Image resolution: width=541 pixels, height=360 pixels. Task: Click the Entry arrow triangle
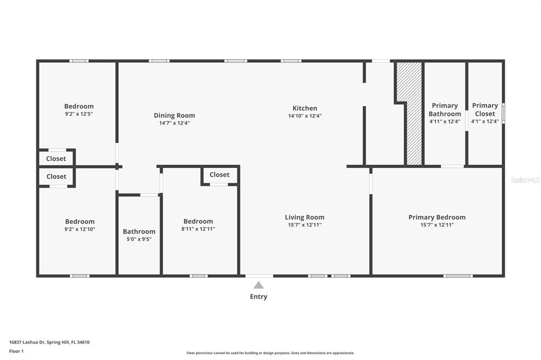(x=258, y=285)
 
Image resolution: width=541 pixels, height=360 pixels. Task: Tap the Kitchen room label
(x=305, y=108)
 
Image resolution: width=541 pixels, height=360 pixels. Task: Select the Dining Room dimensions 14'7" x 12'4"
(x=174, y=123)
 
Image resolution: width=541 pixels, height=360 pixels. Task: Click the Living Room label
(x=304, y=217)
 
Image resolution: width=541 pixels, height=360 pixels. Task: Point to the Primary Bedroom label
(x=437, y=217)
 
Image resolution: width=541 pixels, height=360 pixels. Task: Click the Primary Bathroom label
(x=444, y=110)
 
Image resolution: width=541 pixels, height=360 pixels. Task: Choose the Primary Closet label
(x=484, y=110)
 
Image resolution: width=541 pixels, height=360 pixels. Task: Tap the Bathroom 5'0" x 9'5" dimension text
(x=139, y=239)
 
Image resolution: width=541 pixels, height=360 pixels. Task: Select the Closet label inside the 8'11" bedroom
(x=219, y=175)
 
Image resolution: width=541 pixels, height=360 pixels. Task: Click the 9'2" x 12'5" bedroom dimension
(x=79, y=113)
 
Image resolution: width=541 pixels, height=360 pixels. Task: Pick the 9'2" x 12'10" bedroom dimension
(x=80, y=229)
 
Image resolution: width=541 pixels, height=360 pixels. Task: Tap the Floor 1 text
(x=16, y=350)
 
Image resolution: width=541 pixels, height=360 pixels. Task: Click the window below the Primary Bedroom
(x=458, y=276)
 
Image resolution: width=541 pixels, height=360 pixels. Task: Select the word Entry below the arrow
(x=258, y=297)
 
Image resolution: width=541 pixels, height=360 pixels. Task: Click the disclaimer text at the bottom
(x=270, y=353)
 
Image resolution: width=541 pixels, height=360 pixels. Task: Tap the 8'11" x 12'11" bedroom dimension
(x=198, y=229)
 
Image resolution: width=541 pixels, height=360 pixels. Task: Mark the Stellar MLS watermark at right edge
(x=525, y=180)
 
